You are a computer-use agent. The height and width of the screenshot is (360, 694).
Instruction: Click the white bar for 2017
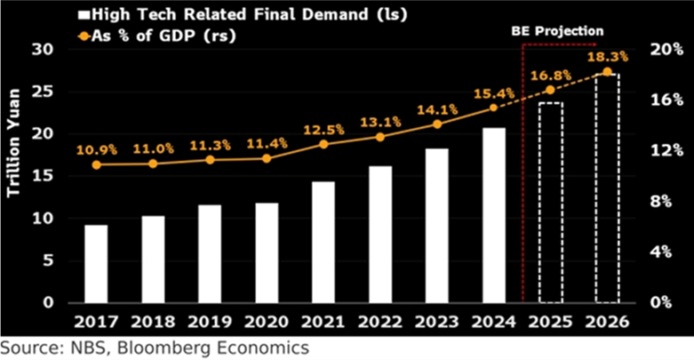click(96, 263)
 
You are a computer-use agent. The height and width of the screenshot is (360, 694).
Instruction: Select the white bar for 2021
click(323, 242)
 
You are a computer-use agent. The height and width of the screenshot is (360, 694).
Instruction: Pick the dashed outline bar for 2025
click(551, 203)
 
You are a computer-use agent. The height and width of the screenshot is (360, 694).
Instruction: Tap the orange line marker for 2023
click(437, 124)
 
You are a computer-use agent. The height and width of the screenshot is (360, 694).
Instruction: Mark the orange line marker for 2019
click(210, 160)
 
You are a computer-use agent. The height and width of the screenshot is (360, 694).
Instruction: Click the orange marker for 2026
click(608, 72)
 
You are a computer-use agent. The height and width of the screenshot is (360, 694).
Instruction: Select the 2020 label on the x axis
click(267, 321)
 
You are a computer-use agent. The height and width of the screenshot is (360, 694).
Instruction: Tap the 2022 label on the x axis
click(380, 321)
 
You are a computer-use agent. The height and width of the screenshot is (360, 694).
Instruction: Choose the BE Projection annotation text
click(556, 31)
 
